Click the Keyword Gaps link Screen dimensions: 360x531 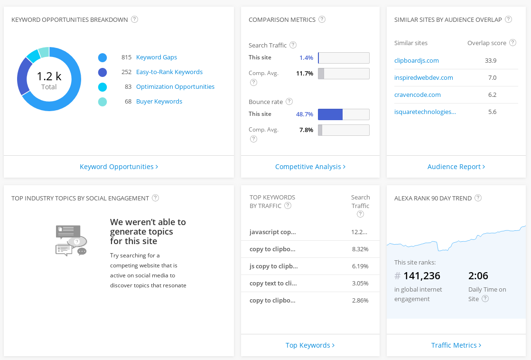pos(156,57)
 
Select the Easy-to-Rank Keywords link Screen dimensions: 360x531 pos(169,72)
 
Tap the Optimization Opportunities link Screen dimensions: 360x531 pos(175,87)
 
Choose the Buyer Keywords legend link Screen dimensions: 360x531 pos(159,102)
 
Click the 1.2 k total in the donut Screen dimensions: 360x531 pos(49,76)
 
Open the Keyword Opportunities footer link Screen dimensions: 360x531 pos(119,167)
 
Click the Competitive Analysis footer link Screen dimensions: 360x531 pos(310,167)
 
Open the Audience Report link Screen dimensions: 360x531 pos(456,167)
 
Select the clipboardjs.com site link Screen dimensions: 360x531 pos(416,61)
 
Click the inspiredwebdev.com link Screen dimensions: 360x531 pos(423,78)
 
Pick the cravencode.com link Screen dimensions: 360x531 pos(417,95)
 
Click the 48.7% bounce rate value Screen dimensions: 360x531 pos(304,114)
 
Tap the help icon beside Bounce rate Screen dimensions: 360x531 pos(289,102)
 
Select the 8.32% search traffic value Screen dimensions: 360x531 pos(360,249)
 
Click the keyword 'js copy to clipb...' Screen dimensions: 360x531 pos(274,266)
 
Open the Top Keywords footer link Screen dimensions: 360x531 pos(310,345)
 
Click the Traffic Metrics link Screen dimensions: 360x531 pos(456,345)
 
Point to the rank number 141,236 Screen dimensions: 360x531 pos(421,276)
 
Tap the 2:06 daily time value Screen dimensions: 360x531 pos(478,276)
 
